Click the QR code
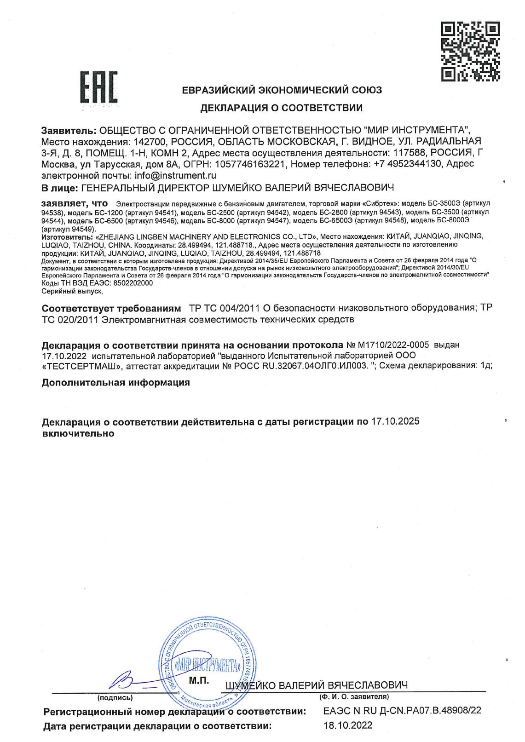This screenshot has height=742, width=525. click(470, 51)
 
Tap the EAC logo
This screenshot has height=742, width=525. click(99, 87)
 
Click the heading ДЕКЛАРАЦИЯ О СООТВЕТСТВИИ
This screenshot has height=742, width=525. click(281, 108)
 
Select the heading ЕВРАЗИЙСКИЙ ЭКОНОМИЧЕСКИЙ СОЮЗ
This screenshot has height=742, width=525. click(282, 90)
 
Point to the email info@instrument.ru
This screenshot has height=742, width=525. click(175, 175)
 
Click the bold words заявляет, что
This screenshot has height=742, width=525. click(75, 203)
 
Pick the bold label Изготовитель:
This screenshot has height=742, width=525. click(66, 236)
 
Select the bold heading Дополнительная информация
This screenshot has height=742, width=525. click(115, 382)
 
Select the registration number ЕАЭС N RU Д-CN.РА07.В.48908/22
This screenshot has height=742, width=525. click(402, 710)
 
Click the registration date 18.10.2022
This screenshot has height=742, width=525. click(348, 725)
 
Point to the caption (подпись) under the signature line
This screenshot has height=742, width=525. click(115, 697)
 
